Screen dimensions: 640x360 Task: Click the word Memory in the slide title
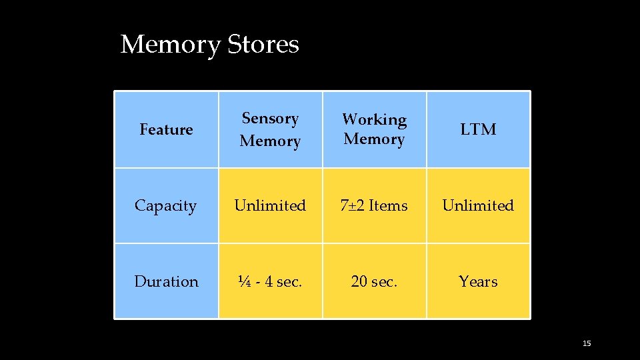(x=170, y=45)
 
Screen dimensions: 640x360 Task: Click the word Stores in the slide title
(x=263, y=45)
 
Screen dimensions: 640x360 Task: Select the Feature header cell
(x=166, y=129)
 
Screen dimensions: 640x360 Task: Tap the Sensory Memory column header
(x=270, y=129)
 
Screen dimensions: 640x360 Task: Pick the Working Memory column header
(x=374, y=129)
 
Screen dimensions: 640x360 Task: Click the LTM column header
(x=478, y=129)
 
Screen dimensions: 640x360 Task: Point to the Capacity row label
(x=166, y=205)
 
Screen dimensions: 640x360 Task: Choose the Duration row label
(x=166, y=281)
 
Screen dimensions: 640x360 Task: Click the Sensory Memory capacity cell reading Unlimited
(x=270, y=205)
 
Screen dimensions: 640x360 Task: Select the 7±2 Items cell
(x=374, y=205)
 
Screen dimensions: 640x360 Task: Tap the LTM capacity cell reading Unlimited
(x=478, y=205)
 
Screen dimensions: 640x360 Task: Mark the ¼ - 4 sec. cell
(x=270, y=281)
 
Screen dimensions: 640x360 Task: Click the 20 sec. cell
(x=374, y=281)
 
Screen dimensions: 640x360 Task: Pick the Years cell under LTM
(x=478, y=281)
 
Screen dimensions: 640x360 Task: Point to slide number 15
(x=587, y=343)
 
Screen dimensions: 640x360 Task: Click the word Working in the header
(x=374, y=119)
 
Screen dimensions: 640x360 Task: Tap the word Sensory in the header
(x=270, y=119)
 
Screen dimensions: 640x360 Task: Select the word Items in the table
(x=388, y=205)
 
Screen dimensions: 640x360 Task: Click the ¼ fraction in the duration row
(x=245, y=281)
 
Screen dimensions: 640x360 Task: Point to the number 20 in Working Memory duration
(x=359, y=281)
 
